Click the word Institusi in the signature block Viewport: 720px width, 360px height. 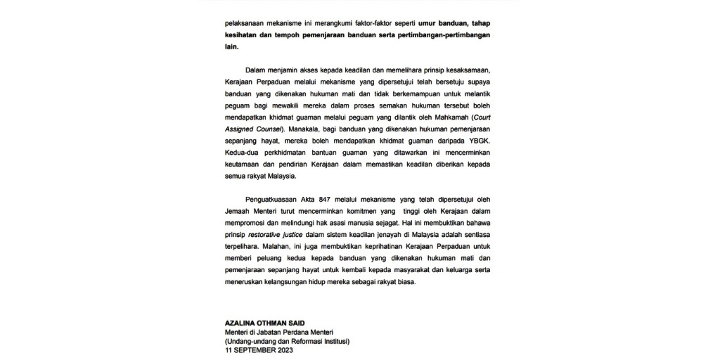click(330, 342)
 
